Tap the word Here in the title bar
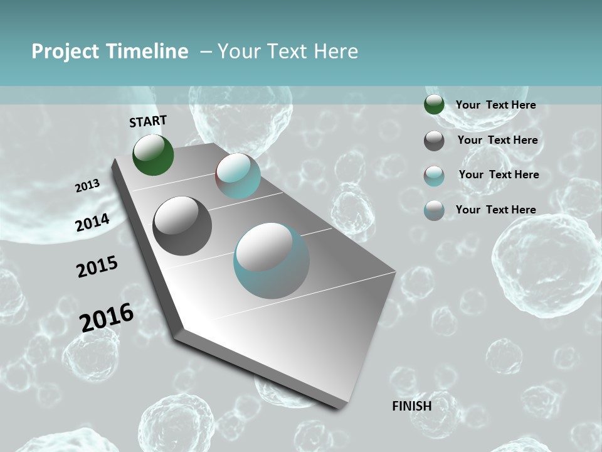(x=335, y=51)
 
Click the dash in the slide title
(x=206, y=52)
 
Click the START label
(x=148, y=121)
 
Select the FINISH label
(x=411, y=406)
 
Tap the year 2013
(x=87, y=186)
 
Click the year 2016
(x=107, y=317)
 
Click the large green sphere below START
(x=153, y=154)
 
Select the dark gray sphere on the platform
(x=182, y=226)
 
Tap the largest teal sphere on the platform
(x=272, y=261)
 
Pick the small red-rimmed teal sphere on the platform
(x=238, y=176)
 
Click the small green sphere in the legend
(x=434, y=105)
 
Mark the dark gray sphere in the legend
(x=434, y=141)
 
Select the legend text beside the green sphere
(x=495, y=105)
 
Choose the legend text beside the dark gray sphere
(x=497, y=140)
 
